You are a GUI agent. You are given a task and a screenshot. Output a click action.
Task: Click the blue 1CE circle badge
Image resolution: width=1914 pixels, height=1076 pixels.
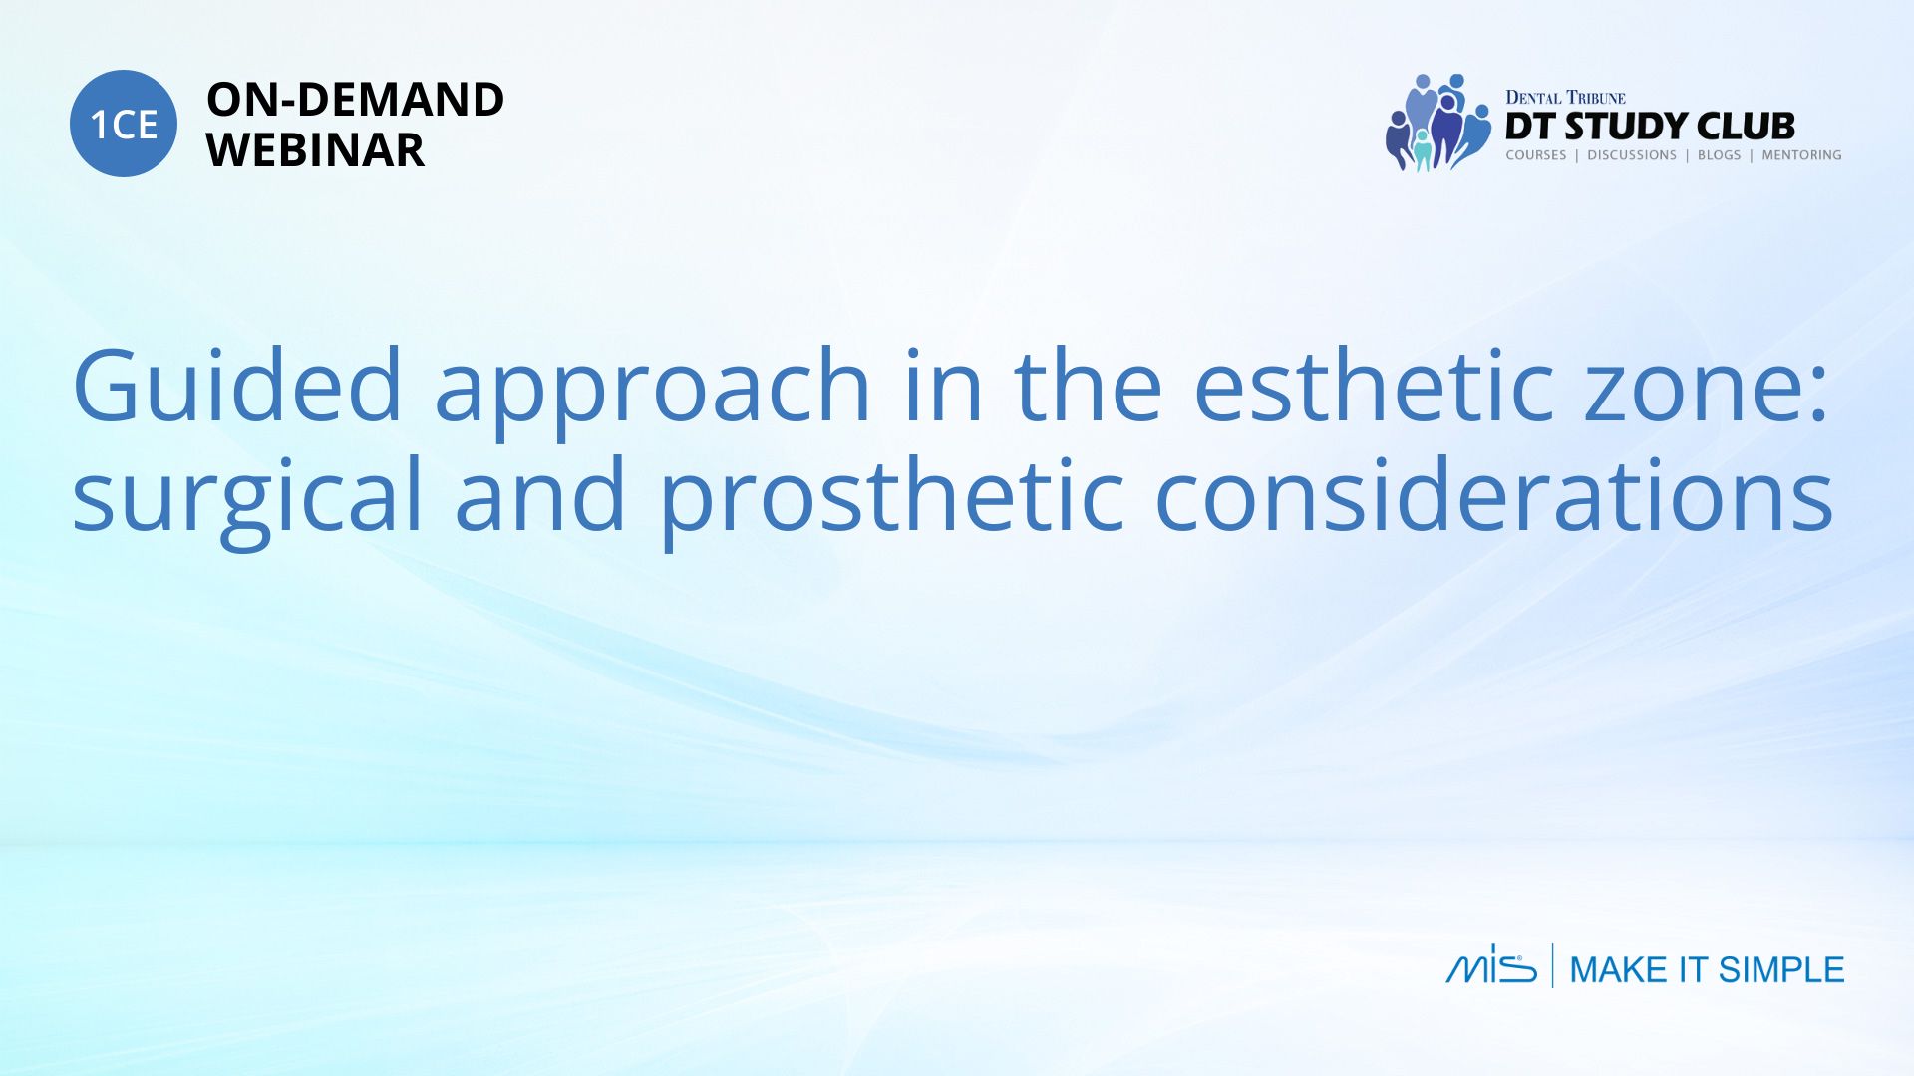point(124,124)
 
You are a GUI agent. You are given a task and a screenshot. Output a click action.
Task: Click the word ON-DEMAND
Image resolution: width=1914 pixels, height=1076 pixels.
point(355,100)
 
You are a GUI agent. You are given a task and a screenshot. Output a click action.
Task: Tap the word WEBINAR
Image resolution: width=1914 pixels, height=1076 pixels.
point(315,150)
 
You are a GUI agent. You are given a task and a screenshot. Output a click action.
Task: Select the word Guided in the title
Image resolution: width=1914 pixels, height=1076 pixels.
point(237,386)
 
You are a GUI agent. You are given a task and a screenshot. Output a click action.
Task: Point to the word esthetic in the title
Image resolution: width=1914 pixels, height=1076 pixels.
point(1374,386)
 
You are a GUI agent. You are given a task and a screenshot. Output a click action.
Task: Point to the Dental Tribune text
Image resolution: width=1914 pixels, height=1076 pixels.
point(1565,98)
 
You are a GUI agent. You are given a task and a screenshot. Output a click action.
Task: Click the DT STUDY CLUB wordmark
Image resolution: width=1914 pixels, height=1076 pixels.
point(1650,127)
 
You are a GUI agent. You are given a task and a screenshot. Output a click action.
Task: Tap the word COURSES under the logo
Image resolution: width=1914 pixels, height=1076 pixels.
point(1536,155)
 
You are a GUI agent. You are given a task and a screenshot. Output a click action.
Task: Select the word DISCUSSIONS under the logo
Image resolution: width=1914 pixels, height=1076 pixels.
point(1632,155)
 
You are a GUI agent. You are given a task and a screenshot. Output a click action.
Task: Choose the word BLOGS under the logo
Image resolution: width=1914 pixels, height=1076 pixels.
point(1719,155)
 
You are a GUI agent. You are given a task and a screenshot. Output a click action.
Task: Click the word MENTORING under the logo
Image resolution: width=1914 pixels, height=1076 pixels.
point(1801,155)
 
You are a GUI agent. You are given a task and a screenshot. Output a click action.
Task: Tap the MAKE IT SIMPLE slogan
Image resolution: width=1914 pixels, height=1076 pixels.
point(1707,969)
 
